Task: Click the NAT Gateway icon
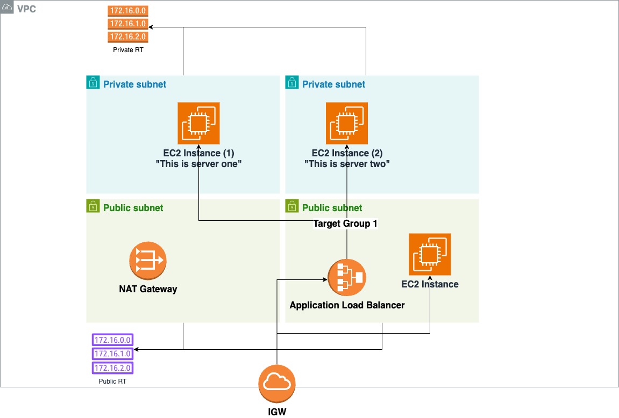click(x=148, y=261)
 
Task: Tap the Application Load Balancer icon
click(x=347, y=277)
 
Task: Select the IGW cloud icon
click(x=277, y=384)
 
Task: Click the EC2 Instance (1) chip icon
click(x=198, y=123)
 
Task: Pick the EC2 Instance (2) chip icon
click(x=347, y=123)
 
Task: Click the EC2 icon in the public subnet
click(x=430, y=254)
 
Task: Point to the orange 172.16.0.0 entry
click(x=128, y=10)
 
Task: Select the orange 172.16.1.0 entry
click(x=128, y=24)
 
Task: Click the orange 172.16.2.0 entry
click(x=128, y=37)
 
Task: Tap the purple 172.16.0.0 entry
click(x=112, y=340)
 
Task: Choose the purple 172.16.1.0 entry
click(x=112, y=354)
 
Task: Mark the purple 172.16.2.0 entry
click(x=112, y=368)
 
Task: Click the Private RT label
click(x=128, y=50)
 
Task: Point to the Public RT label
click(x=112, y=381)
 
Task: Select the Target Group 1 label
click(x=345, y=224)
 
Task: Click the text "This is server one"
click(x=198, y=164)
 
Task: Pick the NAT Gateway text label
click(x=148, y=289)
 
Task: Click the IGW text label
click(x=277, y=412)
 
